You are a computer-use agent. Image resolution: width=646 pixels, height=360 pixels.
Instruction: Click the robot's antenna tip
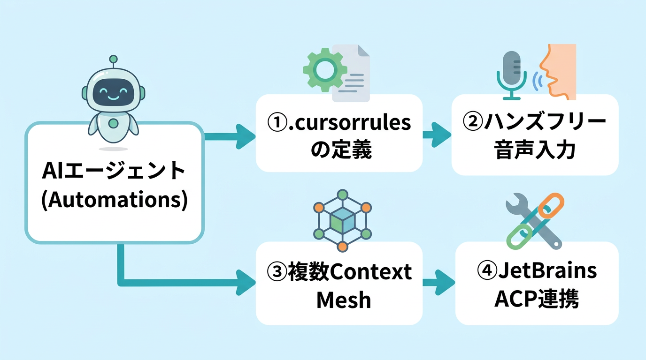[113, 60]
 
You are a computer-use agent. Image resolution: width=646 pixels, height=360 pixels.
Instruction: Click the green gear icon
[324, 69]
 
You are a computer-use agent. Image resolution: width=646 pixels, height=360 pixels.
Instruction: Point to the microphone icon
[512, 75]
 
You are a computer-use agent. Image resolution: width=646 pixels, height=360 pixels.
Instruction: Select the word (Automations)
[115, 200]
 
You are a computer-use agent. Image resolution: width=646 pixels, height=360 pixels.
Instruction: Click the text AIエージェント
[114, 172]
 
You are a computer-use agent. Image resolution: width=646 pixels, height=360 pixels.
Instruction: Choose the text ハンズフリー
[545, 122]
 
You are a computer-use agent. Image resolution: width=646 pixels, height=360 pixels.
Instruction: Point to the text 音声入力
[535, 151]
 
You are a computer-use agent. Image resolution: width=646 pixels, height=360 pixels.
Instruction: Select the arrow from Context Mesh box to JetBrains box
[439, 283]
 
